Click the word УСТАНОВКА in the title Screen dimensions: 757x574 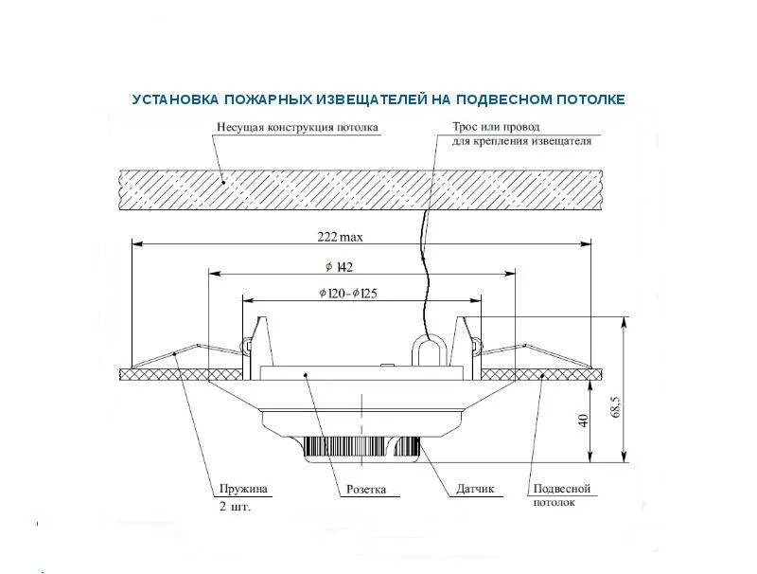click(176, 99)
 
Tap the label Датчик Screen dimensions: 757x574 click(474, 491)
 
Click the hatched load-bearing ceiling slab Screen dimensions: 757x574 click(360, 189)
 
